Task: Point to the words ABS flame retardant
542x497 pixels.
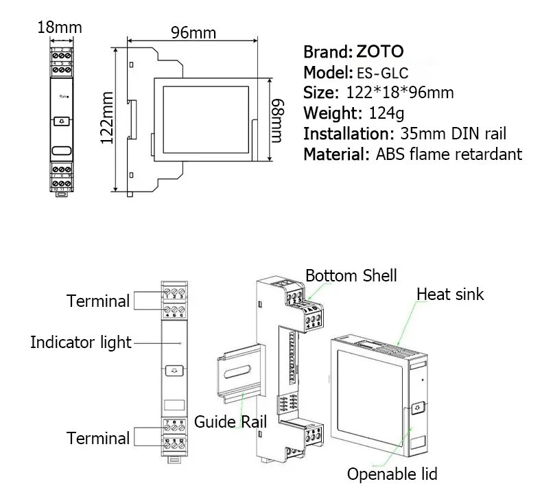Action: point(449,154)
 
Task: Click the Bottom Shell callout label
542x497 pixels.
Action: point(351,276)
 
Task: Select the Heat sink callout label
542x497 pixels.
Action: point(450,294)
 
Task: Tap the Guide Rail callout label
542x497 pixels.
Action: point(226,421)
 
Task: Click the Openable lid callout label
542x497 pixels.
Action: point(392,474)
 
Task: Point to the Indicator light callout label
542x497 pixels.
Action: point(80,342)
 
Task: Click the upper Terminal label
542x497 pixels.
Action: point(98,301)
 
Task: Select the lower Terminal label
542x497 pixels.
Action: point(98,438)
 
